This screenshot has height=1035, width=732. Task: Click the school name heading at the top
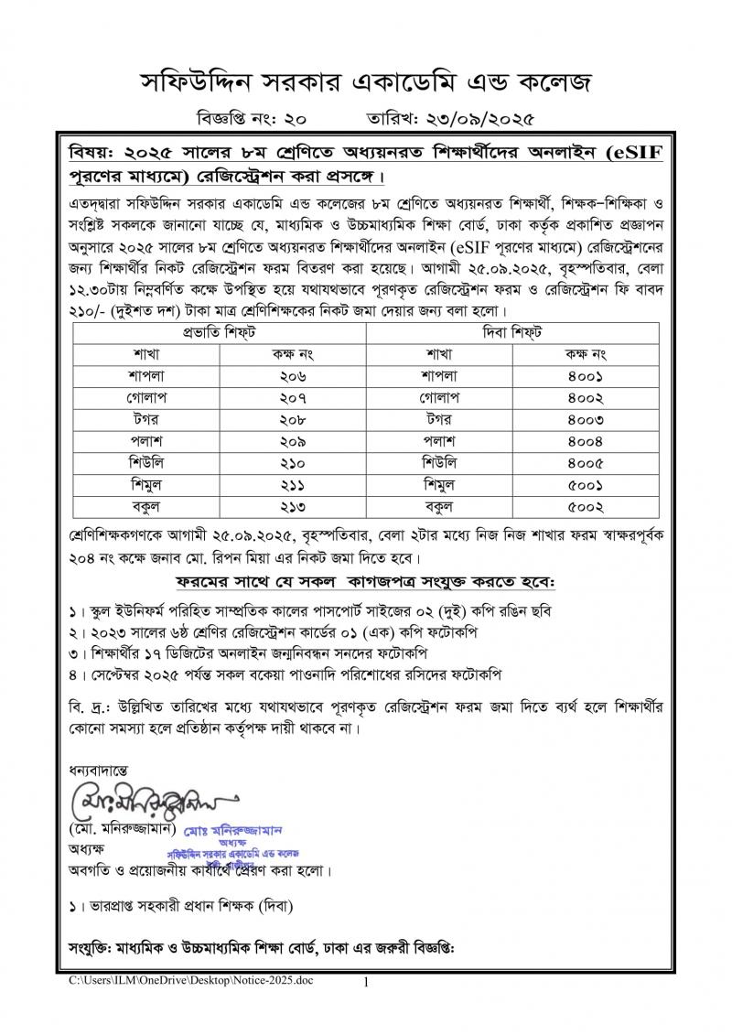click(x=365, y=83)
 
